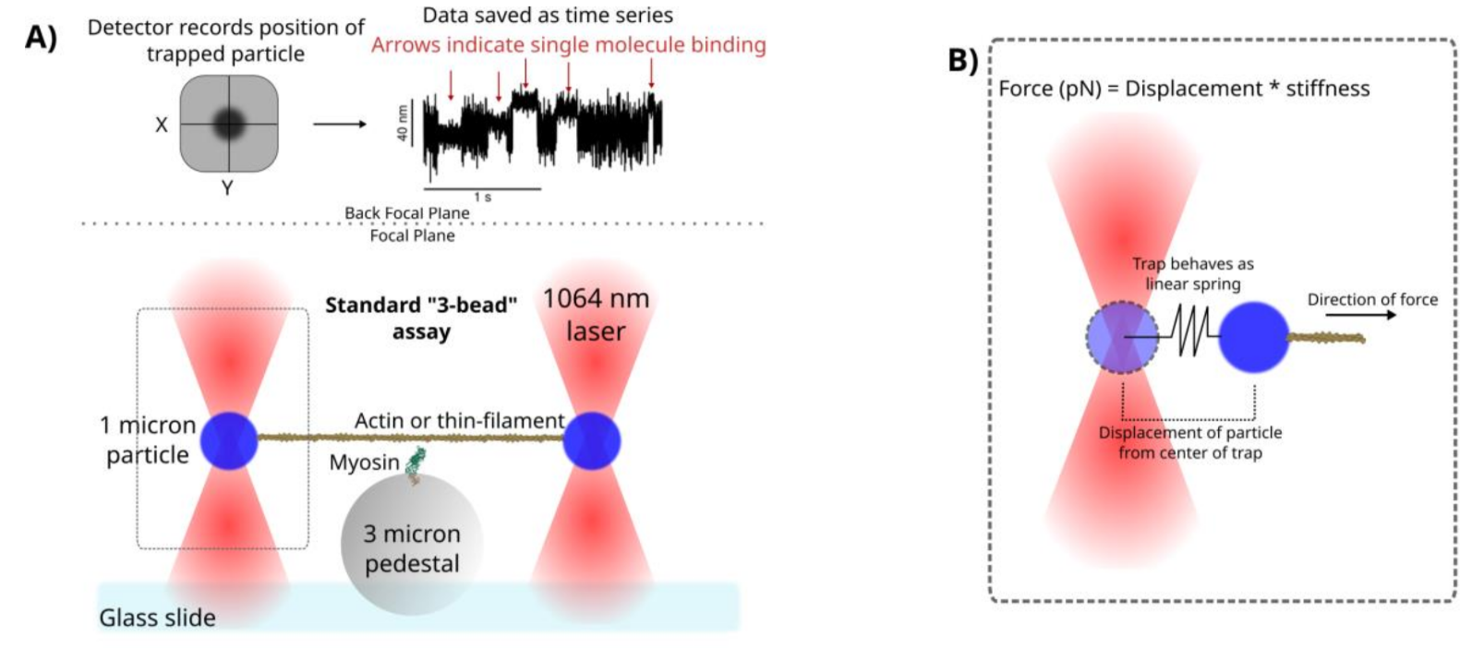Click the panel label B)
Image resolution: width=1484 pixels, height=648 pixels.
tap(963, 60)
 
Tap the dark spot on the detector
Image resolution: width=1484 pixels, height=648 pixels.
tap(229, 123)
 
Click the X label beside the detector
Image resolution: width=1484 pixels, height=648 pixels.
tap(161, 125)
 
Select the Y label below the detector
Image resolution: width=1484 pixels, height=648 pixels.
tap(227, 188)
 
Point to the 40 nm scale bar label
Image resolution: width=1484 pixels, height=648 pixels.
tap(402, 123)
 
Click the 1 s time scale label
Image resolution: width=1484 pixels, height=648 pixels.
tap(482, 198)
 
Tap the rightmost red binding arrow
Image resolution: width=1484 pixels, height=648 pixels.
tap(651, 73)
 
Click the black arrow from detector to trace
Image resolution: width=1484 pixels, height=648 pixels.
tap(339, 124)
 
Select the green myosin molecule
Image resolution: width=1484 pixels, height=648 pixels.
tap(416, 463)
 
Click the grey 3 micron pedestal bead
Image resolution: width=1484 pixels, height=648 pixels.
tap(412, 544)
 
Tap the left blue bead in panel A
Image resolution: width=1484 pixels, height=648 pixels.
tap(229, 441)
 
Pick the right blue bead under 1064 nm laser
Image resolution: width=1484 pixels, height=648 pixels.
tap(592, 441)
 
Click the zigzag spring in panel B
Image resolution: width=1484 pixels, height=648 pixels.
tap(1190, 331)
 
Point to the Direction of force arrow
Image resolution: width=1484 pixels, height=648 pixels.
tap(1361, 315)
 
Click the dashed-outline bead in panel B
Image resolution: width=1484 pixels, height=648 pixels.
tap(1122, 337)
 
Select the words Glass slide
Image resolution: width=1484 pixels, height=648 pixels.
tap(157, 618)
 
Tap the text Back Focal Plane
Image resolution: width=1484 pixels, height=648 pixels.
tap(406, 213)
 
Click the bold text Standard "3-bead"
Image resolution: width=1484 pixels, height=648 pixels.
tap(421, 306)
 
